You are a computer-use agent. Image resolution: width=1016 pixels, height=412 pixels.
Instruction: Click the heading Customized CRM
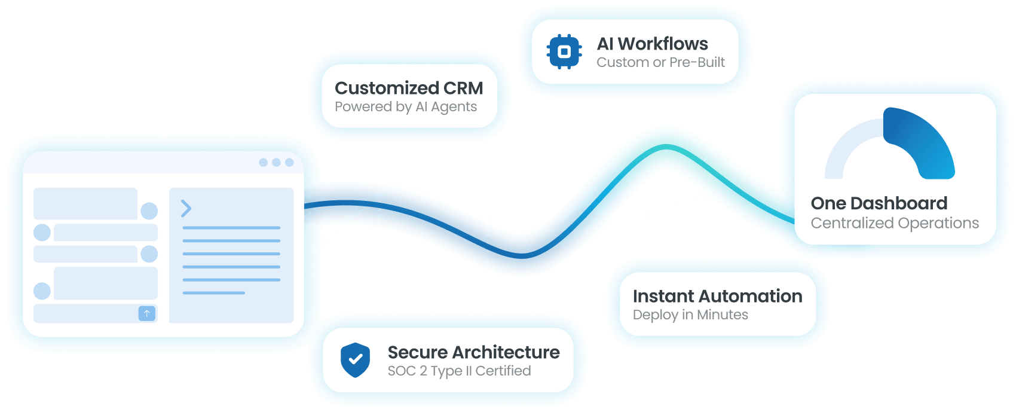point(409,88)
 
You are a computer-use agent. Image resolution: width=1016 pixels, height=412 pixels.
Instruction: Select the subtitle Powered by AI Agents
point(406,107)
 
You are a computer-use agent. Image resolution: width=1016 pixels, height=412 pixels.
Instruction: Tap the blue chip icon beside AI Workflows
point(564,52)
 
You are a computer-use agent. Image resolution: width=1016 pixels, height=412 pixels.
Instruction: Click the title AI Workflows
point(652,44)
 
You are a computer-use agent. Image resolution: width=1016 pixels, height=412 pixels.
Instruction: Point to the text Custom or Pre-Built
point(660,62)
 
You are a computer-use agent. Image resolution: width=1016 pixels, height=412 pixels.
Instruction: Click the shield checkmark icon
point(355,360)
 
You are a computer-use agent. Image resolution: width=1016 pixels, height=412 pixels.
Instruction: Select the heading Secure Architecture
point(473,352)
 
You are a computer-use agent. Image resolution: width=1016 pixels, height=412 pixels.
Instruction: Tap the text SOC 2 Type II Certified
point(459,371)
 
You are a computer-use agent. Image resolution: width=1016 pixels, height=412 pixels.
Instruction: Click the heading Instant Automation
point(717,296)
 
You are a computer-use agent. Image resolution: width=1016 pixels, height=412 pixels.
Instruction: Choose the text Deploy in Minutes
point(690,315)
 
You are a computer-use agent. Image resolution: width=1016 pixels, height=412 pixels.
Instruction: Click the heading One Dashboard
point(879,203)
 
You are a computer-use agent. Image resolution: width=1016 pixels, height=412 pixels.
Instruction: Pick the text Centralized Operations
point(895,223)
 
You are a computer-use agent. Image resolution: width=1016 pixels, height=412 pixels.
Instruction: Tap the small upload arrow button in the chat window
point(146,313)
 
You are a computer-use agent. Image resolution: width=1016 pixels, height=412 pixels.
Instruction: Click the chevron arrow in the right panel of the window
point(186,208)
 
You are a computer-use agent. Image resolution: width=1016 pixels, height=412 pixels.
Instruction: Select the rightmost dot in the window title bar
point(289,163)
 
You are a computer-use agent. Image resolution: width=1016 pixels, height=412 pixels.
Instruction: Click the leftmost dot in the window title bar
point(263,163)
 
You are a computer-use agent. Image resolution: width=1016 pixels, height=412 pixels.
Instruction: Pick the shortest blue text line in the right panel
point(213,293)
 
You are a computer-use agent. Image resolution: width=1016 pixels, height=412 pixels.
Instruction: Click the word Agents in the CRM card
point(454,107)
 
